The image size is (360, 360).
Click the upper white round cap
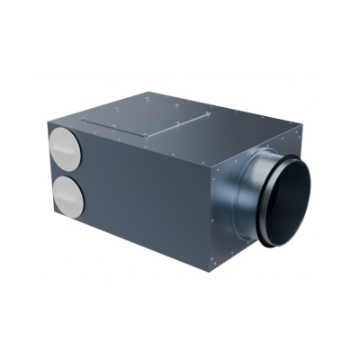tap(64, 145)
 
